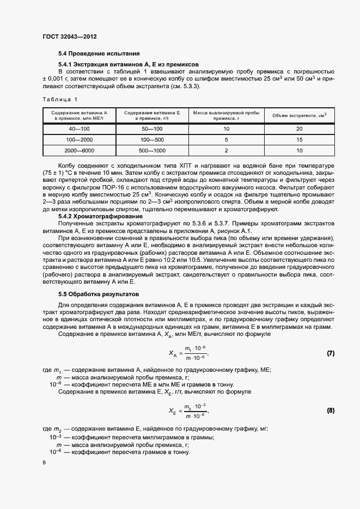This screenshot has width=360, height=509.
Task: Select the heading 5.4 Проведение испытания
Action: (100, 54)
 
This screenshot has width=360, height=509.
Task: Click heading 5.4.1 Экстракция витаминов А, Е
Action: (129, 64)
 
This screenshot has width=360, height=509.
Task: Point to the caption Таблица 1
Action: (60, 99)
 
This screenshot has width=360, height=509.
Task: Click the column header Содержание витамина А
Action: (80, 115)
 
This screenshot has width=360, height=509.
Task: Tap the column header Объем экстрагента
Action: (299, 115)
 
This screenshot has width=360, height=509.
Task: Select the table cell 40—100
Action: (80, 129)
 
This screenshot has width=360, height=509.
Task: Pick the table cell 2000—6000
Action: (80, 150)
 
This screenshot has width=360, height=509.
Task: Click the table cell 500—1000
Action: (152, 150)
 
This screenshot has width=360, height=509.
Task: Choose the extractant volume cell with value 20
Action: (299, 129)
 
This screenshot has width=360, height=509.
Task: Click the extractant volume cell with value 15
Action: (299, 139)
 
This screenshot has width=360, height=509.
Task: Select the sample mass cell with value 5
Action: (226, 139)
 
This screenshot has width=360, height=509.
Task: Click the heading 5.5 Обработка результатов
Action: (99, 294)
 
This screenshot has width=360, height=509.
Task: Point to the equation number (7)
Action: (330, 353)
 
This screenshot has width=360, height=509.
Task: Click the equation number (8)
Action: (330, 409)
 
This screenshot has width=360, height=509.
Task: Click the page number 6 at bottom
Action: (44, 462)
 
